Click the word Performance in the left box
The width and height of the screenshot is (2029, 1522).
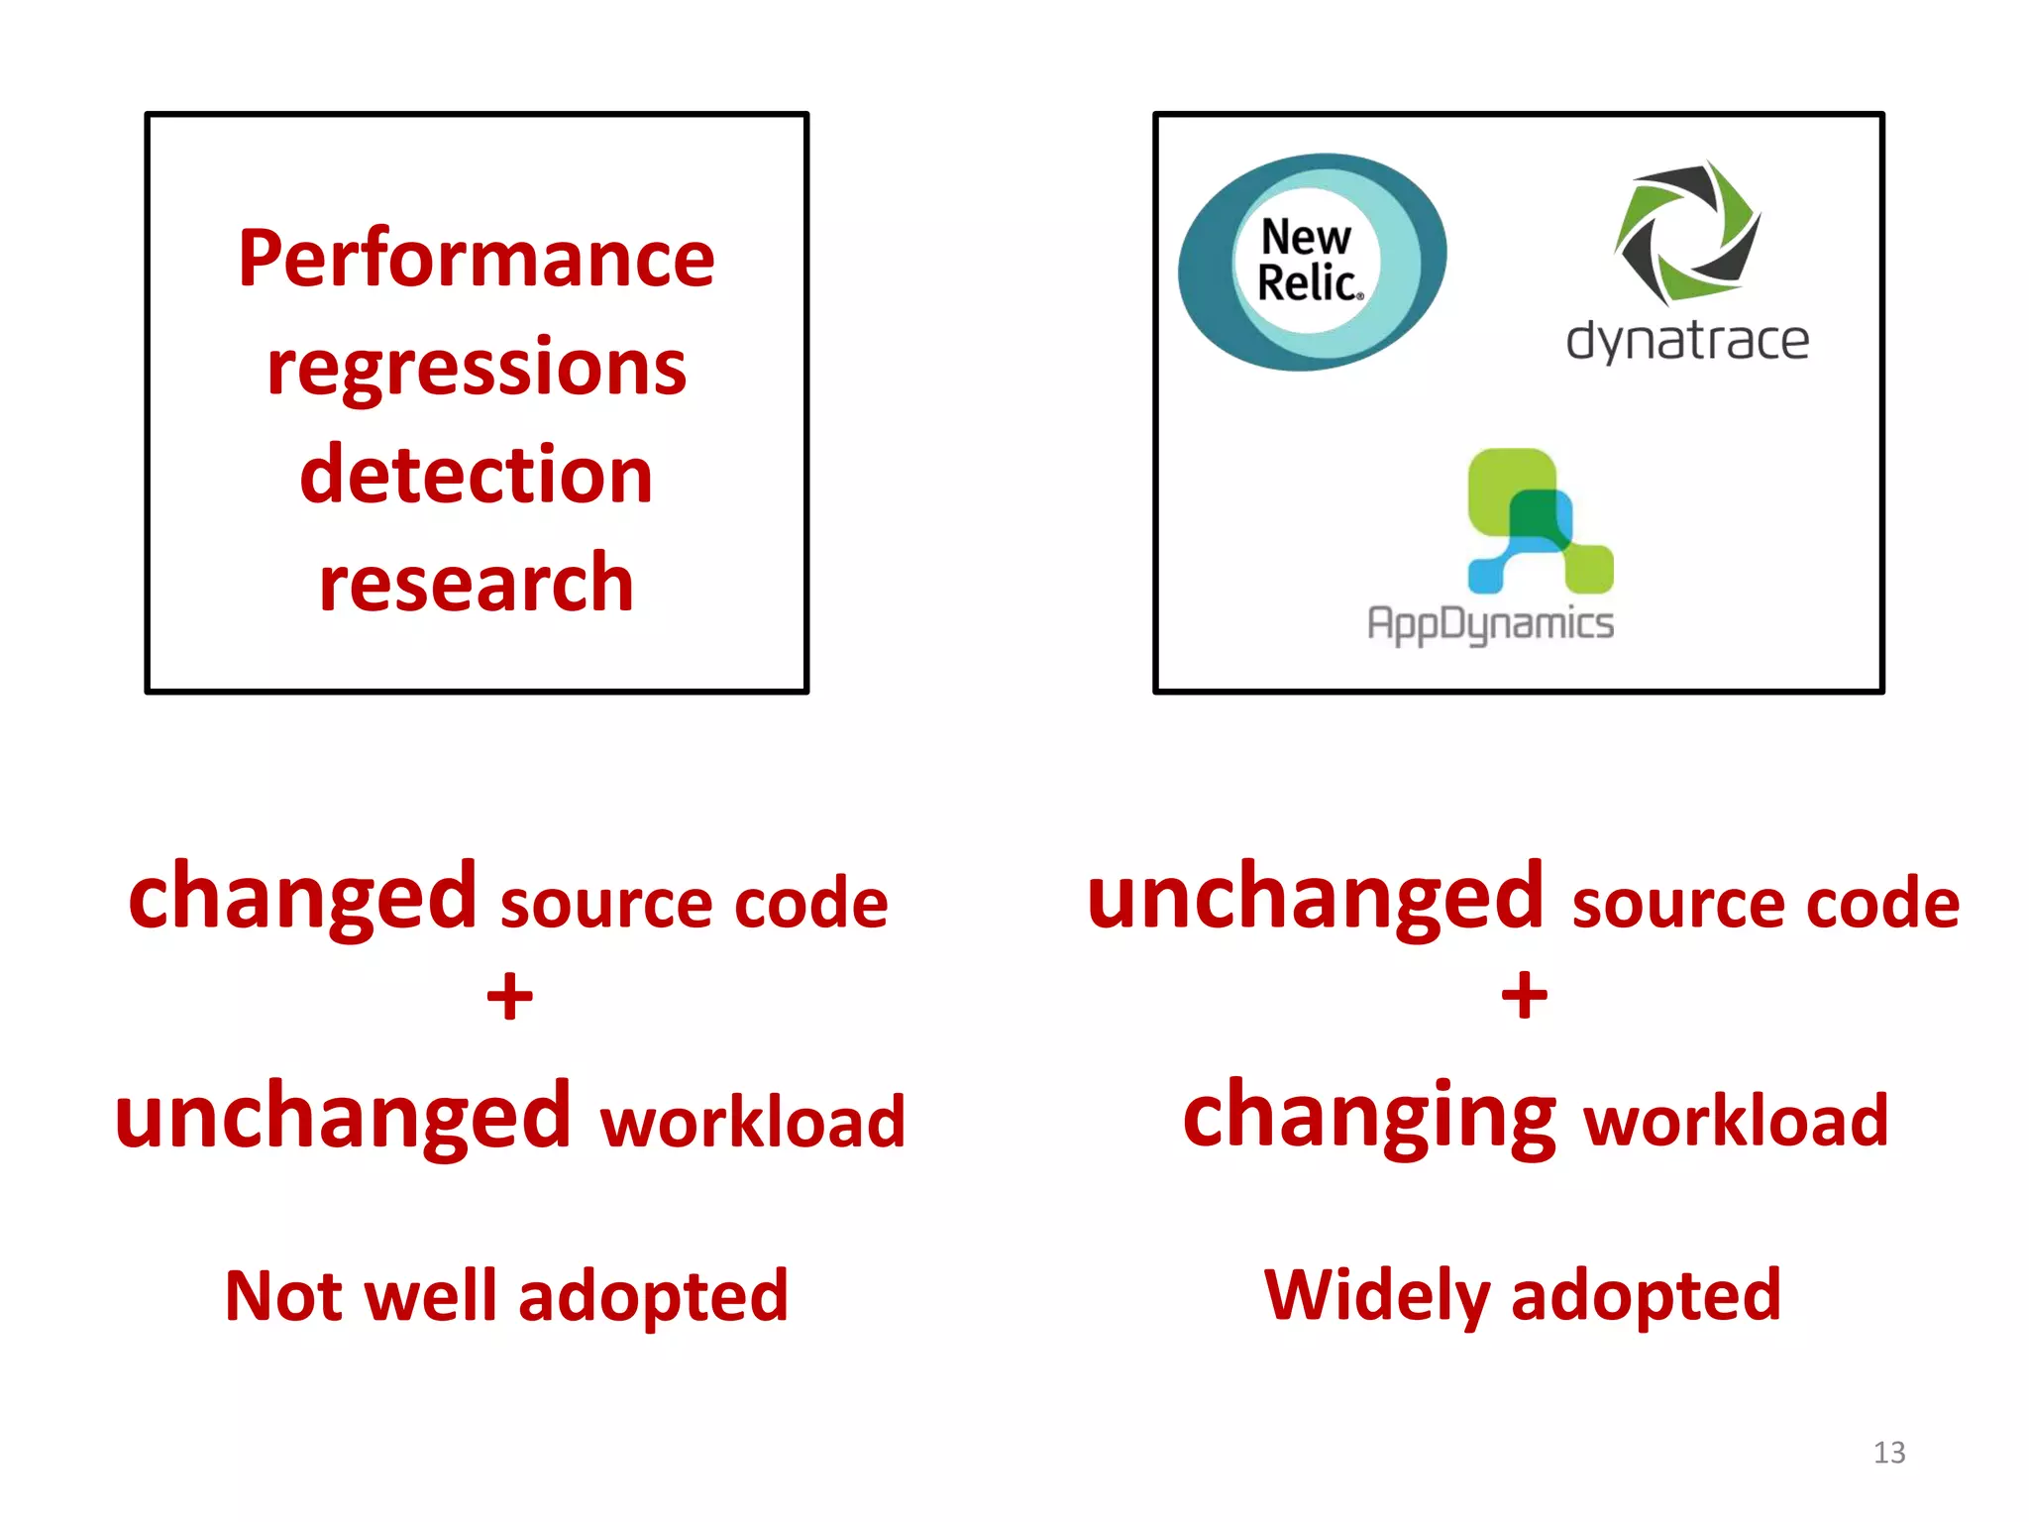coord(476,259)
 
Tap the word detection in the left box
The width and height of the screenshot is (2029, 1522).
coord(476,475)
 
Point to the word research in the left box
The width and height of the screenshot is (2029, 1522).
coord(476,583)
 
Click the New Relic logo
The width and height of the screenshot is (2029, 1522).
coord(1312,262)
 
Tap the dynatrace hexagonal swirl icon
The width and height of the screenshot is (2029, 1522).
coord(1687,233)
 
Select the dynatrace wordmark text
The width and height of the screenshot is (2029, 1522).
coord(1687,340)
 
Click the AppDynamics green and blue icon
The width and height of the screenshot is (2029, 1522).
coord(1539,521)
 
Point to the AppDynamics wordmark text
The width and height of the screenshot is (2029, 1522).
coord(1490,624)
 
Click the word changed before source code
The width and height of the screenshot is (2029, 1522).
coord(303,897)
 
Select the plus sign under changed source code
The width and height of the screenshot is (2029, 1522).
coord(509,996)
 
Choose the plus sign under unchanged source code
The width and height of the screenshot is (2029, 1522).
coord(1524,996)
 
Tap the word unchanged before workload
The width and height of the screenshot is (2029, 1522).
coord(343,1117)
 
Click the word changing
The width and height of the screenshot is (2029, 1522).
coord(1369,1117)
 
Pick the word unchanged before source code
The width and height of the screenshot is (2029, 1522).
coord(1315,897)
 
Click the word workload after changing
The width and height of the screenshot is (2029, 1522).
coord(1736,1121)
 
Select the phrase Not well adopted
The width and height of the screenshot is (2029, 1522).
coord(506,1296)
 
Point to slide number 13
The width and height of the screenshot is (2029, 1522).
coord(1888,1453)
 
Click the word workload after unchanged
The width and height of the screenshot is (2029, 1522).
coord(753,1121)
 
